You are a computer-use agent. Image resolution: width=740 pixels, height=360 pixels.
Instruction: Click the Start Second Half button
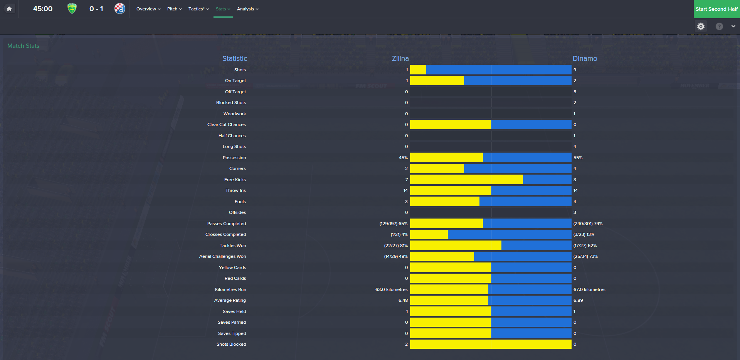716,9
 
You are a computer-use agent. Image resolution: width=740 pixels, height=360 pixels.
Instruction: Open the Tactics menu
198,9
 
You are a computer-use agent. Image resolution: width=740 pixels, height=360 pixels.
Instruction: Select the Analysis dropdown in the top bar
247,9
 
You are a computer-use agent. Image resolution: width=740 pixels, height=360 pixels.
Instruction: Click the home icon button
9,9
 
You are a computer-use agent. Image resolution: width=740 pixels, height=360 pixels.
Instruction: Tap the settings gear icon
701,26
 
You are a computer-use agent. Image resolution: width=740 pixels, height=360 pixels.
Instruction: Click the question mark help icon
719,26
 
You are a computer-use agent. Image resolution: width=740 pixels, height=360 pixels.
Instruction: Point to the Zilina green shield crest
72,8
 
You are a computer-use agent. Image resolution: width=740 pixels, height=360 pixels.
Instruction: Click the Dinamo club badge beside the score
120,8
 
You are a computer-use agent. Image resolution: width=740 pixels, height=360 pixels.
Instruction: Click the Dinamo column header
585,59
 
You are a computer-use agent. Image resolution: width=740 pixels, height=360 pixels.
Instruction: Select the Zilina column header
400,59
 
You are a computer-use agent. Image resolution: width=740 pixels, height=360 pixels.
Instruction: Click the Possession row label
234,158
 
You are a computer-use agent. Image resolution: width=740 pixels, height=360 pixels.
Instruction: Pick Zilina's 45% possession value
403,158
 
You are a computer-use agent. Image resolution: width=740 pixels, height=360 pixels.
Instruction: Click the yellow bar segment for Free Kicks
466,180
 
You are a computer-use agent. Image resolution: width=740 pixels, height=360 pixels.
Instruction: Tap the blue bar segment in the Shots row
499,70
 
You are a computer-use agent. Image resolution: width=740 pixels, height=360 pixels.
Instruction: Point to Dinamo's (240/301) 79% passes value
588,224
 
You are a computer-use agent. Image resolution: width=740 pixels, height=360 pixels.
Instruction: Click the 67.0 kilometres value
589,289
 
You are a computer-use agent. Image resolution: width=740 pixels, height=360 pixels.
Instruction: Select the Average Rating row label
230,300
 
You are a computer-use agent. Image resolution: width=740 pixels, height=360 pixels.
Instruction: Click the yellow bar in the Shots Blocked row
491,344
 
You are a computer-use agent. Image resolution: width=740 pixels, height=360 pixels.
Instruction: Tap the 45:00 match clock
43,9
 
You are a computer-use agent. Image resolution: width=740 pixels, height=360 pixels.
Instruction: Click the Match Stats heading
23,46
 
